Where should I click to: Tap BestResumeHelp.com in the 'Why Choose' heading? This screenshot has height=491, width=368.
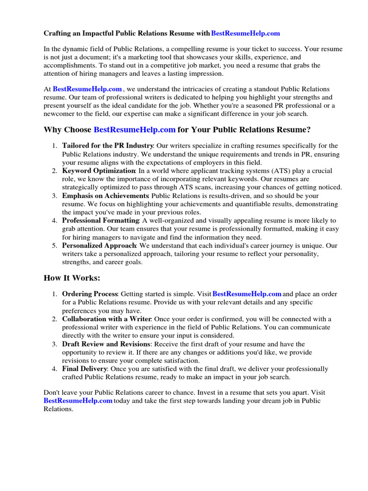pos(134,130)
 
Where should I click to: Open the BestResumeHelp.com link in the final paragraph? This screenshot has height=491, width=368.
pos(78,400)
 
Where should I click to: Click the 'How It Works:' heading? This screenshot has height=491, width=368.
pos(72,278)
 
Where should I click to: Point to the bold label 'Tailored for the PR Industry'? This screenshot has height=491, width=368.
pos(107,146)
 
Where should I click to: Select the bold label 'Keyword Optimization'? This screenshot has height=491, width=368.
pos(99,171)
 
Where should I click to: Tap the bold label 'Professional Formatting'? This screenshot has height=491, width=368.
pos(101,221)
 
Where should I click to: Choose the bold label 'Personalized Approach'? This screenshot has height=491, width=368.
pos(99,246)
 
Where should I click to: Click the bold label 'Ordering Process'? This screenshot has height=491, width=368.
pos(90,294)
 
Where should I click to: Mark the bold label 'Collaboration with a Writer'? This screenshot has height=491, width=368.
pos(107,319)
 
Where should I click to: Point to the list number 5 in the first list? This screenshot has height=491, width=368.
pos(55,246)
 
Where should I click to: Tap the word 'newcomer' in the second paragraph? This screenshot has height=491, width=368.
pos(59,114)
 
